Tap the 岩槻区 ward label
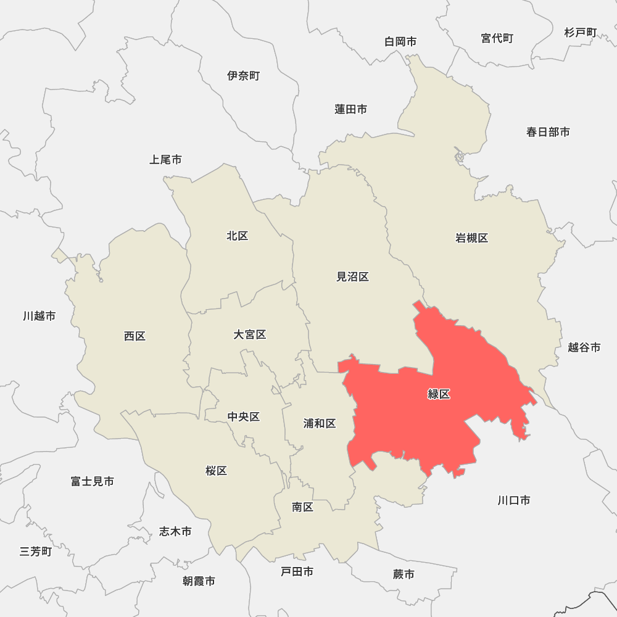[472, 238]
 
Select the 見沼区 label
[352, 277]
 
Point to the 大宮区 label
[250, 334]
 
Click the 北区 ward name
[238, 236]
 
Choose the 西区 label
[135, 336]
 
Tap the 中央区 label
[244, 417]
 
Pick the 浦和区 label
[320, 423]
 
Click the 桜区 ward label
[217, 471]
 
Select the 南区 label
[303, 507]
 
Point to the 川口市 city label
[514, 500]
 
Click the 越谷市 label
[584, 347]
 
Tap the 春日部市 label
[548, 132]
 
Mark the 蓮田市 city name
[351, 109]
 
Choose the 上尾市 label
[166, 160]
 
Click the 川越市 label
[39, 316]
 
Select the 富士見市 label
[93, 481]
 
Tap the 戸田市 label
[297, 572]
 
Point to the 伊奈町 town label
[244, 76]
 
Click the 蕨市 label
[404, 574]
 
